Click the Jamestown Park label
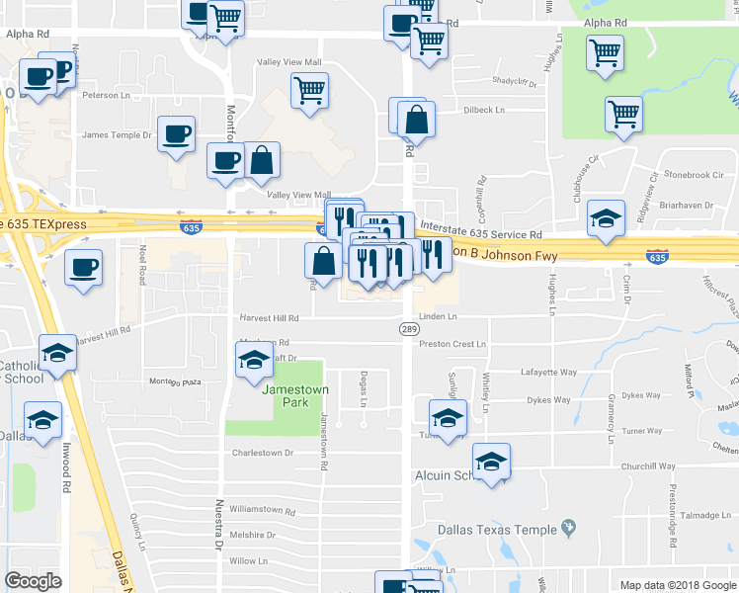pyautogui.click(x=293, y=395)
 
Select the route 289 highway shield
pyautogui.click(x=408, y=328)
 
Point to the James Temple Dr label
pyautogui.click(x=117, y=135)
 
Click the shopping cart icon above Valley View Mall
pyautogui.click(x=310, y=91)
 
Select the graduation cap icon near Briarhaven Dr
pyautogui.click(x=606, y=218)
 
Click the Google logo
pyautogui.click(x=34, y=581)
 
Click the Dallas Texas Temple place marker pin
pyautogui.click(x=568, y=529)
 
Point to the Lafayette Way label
pyautogui.click(x=549, y=373)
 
